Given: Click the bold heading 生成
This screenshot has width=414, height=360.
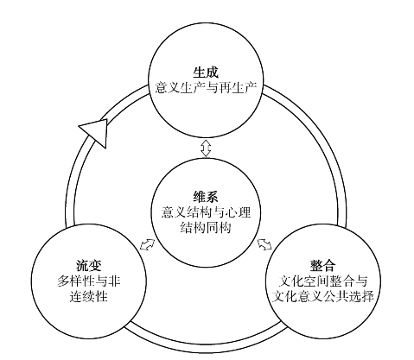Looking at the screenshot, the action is tap(206, 73).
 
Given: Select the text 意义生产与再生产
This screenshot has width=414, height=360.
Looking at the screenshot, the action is tap(206, 87).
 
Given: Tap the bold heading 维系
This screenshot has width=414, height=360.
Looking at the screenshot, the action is tap(206, 197).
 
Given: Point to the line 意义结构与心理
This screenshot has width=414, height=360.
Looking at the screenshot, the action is tap(206, 212).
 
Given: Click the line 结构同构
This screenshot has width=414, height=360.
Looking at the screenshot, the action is tap(206, 228).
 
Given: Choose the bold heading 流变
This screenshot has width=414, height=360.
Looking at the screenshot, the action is tap(89, 265).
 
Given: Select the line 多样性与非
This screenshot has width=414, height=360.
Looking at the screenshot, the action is tap(89, 281).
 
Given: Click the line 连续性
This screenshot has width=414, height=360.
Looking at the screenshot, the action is tap(89, 296).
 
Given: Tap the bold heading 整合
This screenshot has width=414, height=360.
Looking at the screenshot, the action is tap(322, 265).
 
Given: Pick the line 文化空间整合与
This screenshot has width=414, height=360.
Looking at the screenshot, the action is tap(322, 281).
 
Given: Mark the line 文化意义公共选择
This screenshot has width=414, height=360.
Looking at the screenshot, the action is tap(322, 296).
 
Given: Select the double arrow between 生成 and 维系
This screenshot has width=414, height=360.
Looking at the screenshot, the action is tap(206, 148).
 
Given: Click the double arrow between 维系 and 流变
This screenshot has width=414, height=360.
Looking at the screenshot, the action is tap(147, 244).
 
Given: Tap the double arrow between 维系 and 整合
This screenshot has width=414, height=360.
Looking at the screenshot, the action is tap(264, 244).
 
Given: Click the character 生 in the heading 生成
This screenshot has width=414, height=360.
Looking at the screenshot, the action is tap(200, 73).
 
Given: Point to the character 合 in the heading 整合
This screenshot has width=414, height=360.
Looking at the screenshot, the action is tap(329, 265).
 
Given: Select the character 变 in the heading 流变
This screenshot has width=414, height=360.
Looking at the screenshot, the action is tap(95, 265).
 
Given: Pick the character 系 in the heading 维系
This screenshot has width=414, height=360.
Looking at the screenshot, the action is tap(212, 197).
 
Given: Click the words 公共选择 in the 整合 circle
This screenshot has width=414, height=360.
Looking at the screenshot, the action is tap(348, 296).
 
